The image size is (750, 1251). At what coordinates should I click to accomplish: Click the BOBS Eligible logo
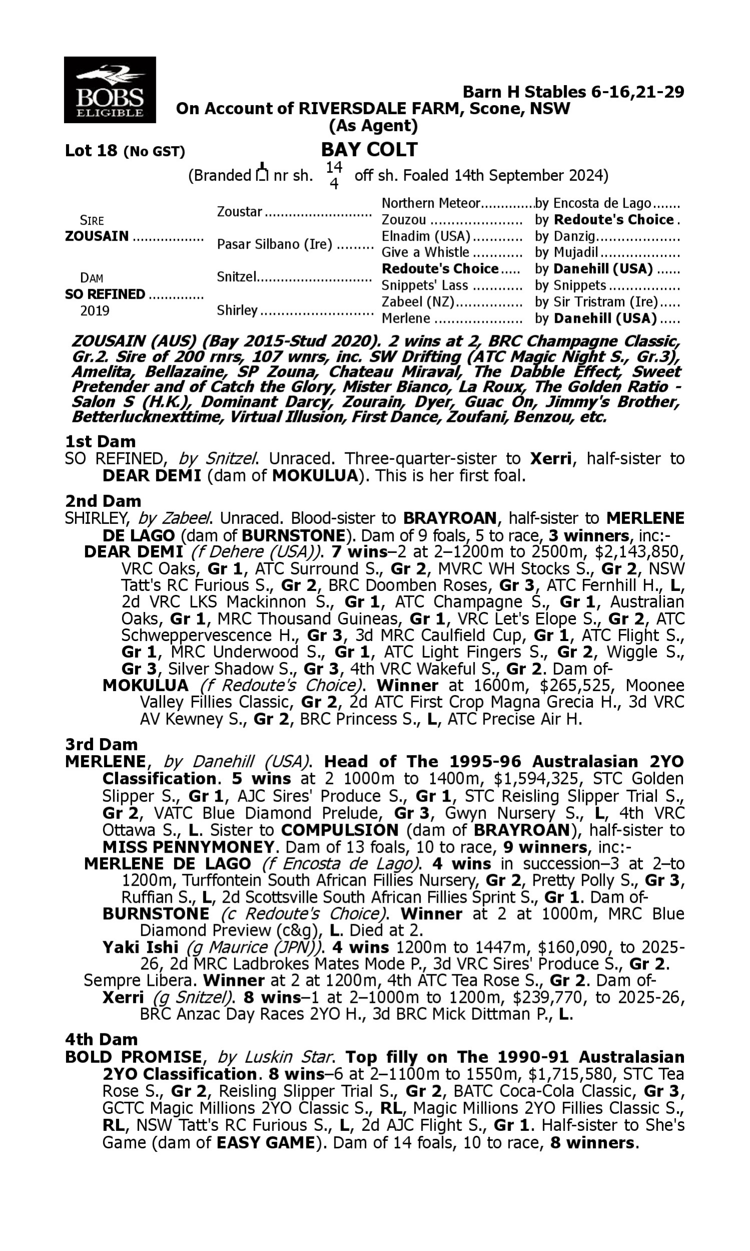click(x=109, y=90)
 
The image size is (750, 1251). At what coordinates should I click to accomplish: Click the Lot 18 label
click(x=91, y=151)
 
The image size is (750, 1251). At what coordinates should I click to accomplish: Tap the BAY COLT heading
click(x=369, y=150)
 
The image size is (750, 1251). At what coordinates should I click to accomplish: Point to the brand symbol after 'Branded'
click(x=262, y=173)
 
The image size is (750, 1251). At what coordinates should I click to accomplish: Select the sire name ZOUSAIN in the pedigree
click(x=97, y=236)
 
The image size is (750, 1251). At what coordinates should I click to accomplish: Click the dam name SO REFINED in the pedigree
click(x=105, y=294)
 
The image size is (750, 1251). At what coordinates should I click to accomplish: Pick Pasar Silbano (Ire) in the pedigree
click(x=274, y=244)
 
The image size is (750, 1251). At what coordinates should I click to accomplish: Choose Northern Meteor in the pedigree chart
click(x=430, y=203)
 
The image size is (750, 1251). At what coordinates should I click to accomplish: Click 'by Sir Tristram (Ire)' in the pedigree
click(x=596, y=302)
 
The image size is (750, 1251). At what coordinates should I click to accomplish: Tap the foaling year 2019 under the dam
click(x=95, y=310)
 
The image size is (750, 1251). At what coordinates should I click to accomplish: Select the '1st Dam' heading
click(x=100, y=441)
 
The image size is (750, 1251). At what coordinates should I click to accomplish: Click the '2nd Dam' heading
click(x=102, y=501)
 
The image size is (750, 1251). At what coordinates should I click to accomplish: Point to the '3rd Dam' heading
click(x=101, y=744)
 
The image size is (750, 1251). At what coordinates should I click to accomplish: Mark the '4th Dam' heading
click(x=101, y=1039)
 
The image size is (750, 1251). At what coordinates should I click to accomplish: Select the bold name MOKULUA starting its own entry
click(x=145, y=686)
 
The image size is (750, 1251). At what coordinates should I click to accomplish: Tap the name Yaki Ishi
click(x=140, y=947)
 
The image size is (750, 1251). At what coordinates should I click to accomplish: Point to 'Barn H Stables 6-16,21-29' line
click(x=573, y=92)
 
